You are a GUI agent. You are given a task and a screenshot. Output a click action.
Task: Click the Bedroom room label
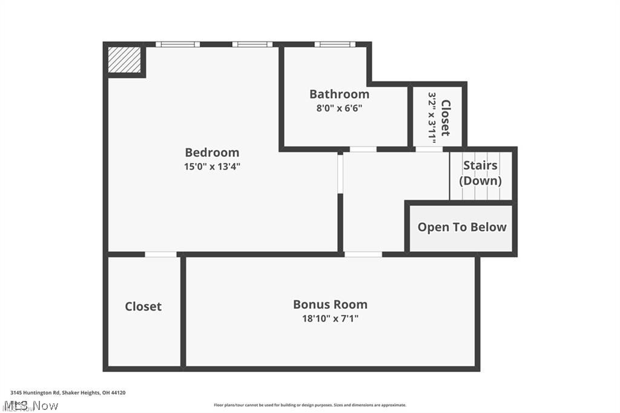[x=212, y=153]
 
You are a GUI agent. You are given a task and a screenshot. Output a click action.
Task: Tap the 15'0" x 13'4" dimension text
[x=212, y=167]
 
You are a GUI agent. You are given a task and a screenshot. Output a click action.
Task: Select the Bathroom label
[x=339, y=94]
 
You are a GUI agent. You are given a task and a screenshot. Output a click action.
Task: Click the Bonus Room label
[x=330, y=305]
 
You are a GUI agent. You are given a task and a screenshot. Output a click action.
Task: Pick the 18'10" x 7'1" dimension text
[x=330, y=319]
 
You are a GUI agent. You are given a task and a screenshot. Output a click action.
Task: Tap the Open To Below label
[x=462, y=227]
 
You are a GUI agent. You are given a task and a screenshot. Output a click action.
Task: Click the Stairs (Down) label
[x=480, y=173]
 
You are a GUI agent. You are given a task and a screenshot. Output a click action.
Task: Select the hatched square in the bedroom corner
[x=124, y=59]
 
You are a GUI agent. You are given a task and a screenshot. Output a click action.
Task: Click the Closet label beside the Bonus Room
[x=143, y=306]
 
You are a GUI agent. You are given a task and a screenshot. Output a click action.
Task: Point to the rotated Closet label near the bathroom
[x=446, y=117]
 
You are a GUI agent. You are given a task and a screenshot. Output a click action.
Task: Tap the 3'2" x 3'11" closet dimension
[x=432, y=117]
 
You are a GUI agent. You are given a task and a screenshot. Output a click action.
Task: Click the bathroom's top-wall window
[x=335, y=44]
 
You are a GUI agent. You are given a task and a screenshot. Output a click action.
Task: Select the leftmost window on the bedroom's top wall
[x=177, y=44]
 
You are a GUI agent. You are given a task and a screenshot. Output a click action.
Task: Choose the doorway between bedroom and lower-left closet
[x=161, y=254]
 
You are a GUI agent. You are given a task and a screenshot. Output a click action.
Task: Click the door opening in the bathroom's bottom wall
[x=363, y=149]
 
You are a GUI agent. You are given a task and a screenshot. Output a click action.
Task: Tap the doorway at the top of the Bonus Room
[x=363, y=254]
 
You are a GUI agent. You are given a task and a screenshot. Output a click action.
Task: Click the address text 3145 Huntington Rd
[x=68, y=393]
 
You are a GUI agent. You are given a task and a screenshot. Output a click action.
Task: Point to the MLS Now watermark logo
[x=30, y=405]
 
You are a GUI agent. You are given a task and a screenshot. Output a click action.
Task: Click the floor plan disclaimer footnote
[x=310, y=405]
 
